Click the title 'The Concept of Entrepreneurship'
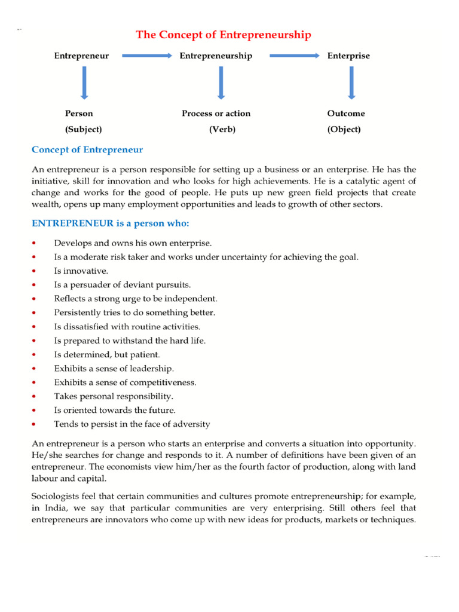(x=223, y=35)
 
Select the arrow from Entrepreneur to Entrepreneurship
(x=147, y=56)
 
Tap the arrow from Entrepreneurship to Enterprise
(x=294, y=56)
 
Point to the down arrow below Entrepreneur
(x=84, y=82)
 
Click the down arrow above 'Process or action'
(x=221, y=82)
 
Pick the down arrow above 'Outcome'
(x=351, y=82)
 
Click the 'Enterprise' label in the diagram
(x=348, y=56)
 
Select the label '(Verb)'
(x=222, y=129)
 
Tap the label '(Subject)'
(x=84, y=129)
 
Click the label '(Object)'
(x=344, y=129)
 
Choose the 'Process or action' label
(x=216, y=114)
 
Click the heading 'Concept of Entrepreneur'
(x=87, y=149)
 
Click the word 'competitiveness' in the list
(x=162, y=382)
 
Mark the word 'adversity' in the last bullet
(x=192, y=424)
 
